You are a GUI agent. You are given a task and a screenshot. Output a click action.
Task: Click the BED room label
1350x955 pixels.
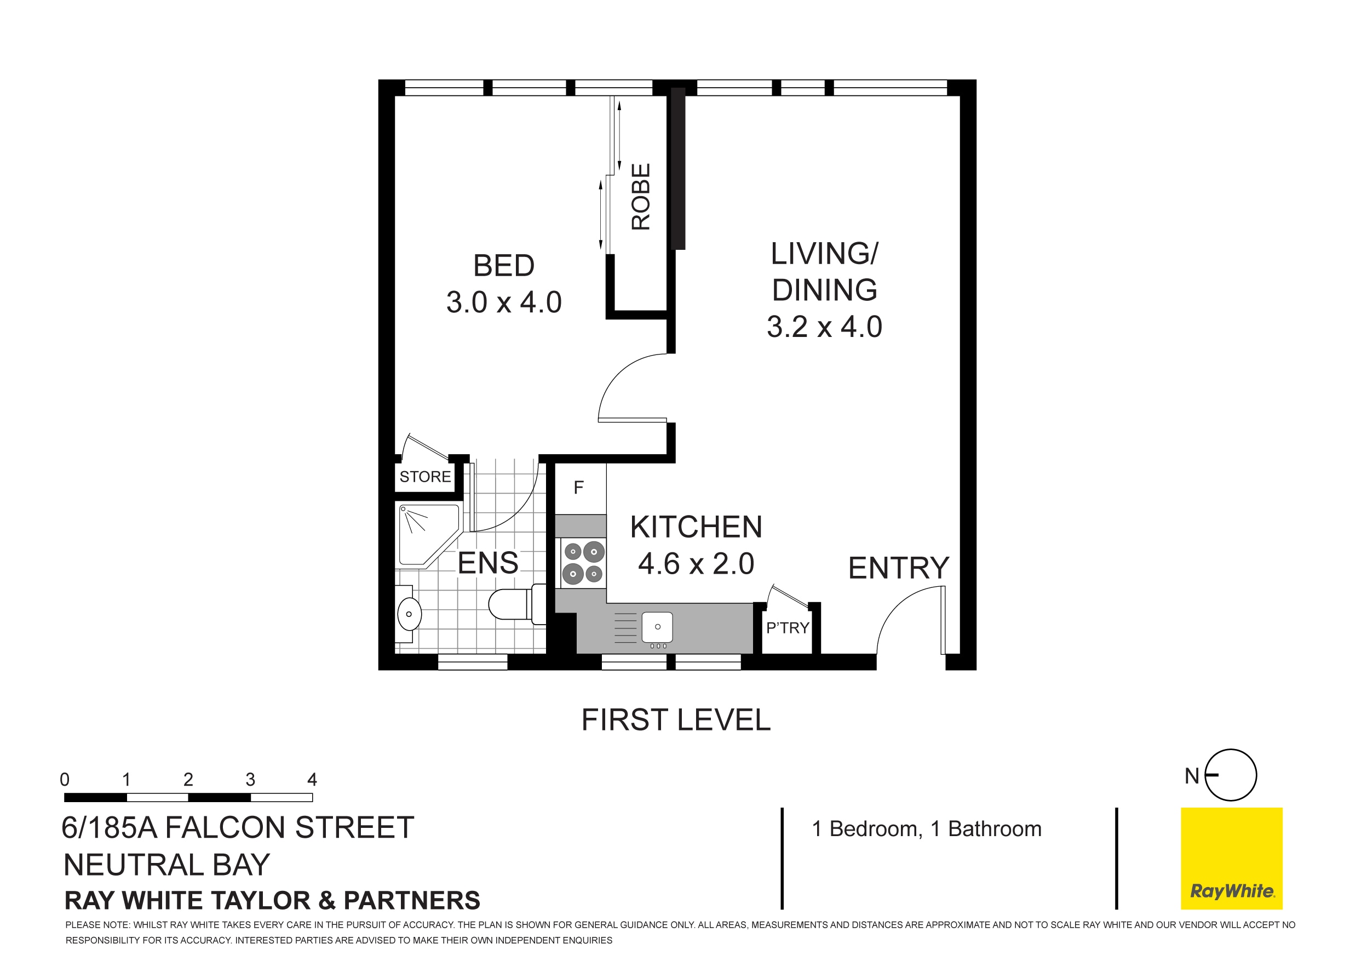(x=504, y=266)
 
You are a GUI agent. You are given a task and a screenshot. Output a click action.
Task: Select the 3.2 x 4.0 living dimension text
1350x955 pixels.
(x=824, y=327)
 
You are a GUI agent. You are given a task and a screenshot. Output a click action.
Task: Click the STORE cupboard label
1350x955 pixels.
(x=425, y=476)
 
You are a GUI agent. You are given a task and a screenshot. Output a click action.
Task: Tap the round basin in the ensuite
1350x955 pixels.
(x=409, y=614)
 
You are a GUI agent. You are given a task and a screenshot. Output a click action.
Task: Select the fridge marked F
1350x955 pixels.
(x=579, y=488)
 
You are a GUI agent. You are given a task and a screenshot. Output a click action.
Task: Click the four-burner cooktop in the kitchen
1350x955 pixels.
(x=583, y=562)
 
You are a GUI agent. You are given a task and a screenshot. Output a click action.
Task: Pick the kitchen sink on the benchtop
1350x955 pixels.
(x=657, y=627)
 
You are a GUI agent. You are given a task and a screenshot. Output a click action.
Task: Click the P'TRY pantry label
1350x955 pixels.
(x=788, y=628)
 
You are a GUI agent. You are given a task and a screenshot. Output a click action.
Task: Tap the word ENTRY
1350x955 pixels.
(x=898, y=568)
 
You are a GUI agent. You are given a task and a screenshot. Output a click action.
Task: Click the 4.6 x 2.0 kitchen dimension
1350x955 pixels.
(x=696, y=564)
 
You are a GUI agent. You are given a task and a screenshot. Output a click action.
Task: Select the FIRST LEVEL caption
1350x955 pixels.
(x=676, y=720)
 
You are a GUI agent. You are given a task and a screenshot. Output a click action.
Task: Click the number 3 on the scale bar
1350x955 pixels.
(x=250, y=780)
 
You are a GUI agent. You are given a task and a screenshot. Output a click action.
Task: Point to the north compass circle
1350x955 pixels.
(x=1231, y=775)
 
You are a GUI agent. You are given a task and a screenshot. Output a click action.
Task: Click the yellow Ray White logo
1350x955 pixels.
(x=1231, y=859)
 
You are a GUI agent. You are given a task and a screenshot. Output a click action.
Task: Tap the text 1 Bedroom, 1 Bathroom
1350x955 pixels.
(x=927, y=829)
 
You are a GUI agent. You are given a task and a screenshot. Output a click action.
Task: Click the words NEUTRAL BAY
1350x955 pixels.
(x=166, y=865)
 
